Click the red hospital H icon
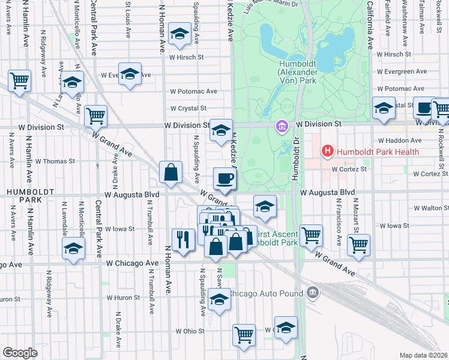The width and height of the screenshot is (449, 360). coord(327,151)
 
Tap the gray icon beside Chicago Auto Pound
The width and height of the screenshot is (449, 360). coord(312,293)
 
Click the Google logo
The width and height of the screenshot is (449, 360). coord(20,352)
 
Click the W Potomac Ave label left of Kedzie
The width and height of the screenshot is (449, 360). coord(193,91)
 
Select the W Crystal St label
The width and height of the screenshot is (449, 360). coord(188,109)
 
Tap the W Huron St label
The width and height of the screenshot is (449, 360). coord(123,297)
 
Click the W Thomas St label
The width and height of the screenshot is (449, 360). coord(55,161)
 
